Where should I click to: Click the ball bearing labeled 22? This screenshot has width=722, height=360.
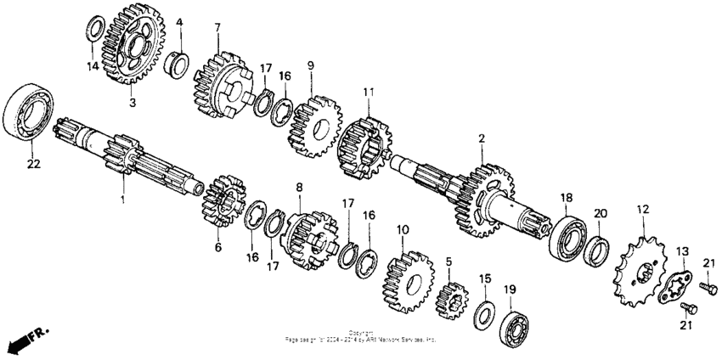click(28, 111)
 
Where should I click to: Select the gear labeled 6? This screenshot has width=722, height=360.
click(223, 205)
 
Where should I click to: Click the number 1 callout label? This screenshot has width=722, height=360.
click(122, 199)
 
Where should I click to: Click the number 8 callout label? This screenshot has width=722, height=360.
click(299, 186)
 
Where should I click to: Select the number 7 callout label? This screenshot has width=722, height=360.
click(217, 28)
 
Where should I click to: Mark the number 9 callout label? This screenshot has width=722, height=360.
click(311, 65)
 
